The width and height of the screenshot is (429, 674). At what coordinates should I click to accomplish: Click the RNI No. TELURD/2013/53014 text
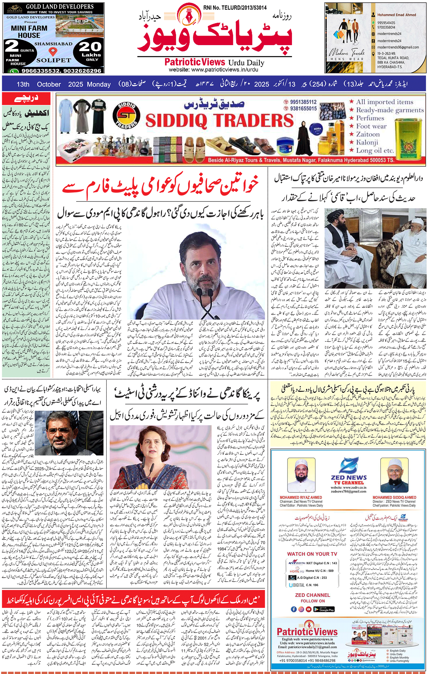[x=235, y=8]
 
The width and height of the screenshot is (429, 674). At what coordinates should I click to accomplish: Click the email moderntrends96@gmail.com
[x=398, y=47]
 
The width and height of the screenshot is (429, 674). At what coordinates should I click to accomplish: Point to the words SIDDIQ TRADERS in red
[x=219, y=121]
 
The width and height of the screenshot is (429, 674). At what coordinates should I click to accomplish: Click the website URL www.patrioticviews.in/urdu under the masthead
[x=213, y=70]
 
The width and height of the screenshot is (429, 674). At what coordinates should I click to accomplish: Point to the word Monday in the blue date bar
[x=99, y=84]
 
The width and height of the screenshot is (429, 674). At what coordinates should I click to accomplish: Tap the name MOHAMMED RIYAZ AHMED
[x=301, y=497]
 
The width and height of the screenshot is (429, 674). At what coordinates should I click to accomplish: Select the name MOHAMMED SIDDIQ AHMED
[x=394, y=497]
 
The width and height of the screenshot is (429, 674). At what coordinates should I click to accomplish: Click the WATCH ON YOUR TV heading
[x=312, y=554]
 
